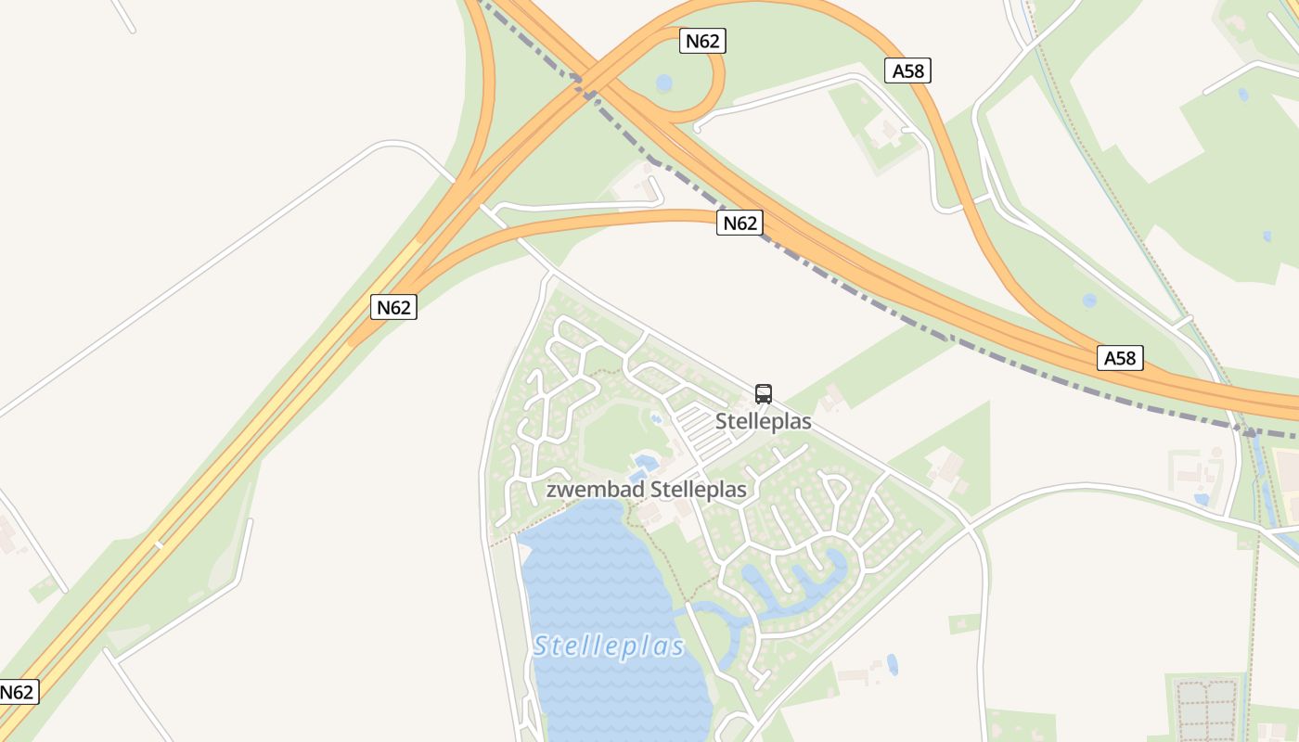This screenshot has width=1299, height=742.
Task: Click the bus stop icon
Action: click(x=764, y=394)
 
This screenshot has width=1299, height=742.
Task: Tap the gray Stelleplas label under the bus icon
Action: click(x=763, y=422)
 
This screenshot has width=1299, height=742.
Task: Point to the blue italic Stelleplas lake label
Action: click(x=609, y=646)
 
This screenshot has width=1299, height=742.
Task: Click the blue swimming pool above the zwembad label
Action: click(x=643, y=460)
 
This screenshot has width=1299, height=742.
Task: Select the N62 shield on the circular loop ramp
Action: click(x=702, y=41)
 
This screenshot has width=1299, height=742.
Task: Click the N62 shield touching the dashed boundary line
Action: click(x=740, y=223)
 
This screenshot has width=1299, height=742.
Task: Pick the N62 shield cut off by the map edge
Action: click(x=17, y=692)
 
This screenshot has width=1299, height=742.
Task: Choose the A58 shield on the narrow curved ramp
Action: click(x=907, y=70)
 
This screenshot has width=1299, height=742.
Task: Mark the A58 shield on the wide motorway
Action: click(x=1120, y=358)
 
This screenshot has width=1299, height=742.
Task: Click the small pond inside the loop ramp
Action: click(x=663, y=83)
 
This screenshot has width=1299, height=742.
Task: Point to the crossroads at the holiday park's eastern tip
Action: click(x=970, y=527)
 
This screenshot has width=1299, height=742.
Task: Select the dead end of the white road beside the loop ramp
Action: click(x=696, y=129)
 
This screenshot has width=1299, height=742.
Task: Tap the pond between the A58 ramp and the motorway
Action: click(x=1089, y=301)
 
